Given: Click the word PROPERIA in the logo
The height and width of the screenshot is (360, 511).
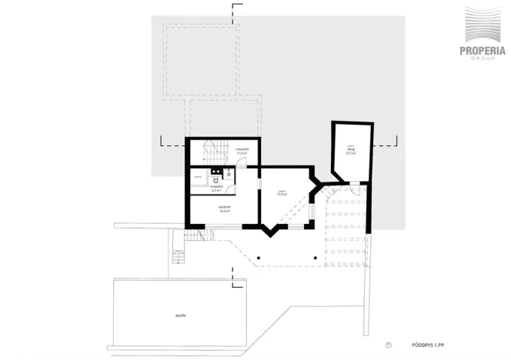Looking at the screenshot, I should click(x=483, y=51).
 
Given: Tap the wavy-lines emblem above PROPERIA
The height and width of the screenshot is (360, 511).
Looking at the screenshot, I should click(x=483, y=26).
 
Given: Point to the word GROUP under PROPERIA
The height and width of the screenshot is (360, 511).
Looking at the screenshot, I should click(x=483, y=59).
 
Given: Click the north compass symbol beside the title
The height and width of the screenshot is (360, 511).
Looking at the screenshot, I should click(x=389, y=344).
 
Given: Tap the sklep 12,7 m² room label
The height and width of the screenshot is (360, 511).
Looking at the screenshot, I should click(x=351, y=151).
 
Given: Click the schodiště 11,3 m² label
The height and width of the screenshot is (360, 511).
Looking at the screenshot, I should click(x=242, y=151).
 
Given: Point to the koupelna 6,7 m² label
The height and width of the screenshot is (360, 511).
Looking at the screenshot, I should click(x=217, y=187).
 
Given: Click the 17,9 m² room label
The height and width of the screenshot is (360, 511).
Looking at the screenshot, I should click(x=282, y=193).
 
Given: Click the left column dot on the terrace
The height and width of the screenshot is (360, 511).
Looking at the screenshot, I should click(x=259, y=257).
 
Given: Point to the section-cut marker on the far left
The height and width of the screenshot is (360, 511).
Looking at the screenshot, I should click(x=162, y=142).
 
